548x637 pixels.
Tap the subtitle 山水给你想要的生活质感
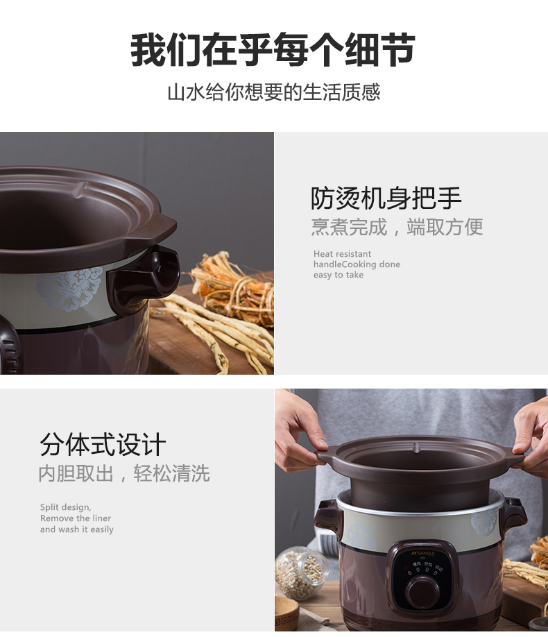[x=273, y=92]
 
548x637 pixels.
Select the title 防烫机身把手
[x=386, y=198]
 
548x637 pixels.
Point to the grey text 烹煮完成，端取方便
[x=397, y=227]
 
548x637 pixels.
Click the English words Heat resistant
[x=342, y=254]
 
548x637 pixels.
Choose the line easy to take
[x=338, y=275]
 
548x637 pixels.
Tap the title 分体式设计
[x=103, y=445]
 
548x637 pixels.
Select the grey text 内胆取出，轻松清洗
[x=124, y=474]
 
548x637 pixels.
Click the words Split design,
[x=65, y=507]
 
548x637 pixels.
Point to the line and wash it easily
[x=76, y=529]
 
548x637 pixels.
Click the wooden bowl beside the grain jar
[x=286, y=613]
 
